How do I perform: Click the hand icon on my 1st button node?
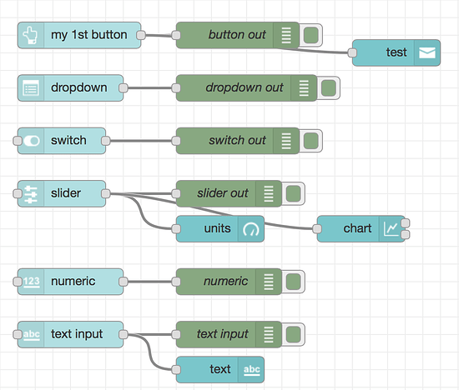click(x=31, y=35)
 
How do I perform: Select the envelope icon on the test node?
click(x=426, y=52)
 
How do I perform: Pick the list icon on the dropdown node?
click(x=31, y=87)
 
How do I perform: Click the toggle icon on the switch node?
click(x=31, y=141)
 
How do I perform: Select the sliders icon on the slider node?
click(x=31, y=193)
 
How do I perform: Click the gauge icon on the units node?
click(x=251, y=228)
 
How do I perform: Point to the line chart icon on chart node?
click(x=391, y=228)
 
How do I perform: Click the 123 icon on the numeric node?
click(x=31, y=282)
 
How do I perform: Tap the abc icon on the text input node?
click(x=31, y=334)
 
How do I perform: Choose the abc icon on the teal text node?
click(x=251, y=369)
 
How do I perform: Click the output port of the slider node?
click(x=106, y=193)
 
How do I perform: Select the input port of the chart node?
click(x=317, y=228)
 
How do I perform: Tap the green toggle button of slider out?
click(x=293, y=193)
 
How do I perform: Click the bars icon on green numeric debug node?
click(x=269, y=282)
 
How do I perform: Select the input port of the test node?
click(x=353, y=52)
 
